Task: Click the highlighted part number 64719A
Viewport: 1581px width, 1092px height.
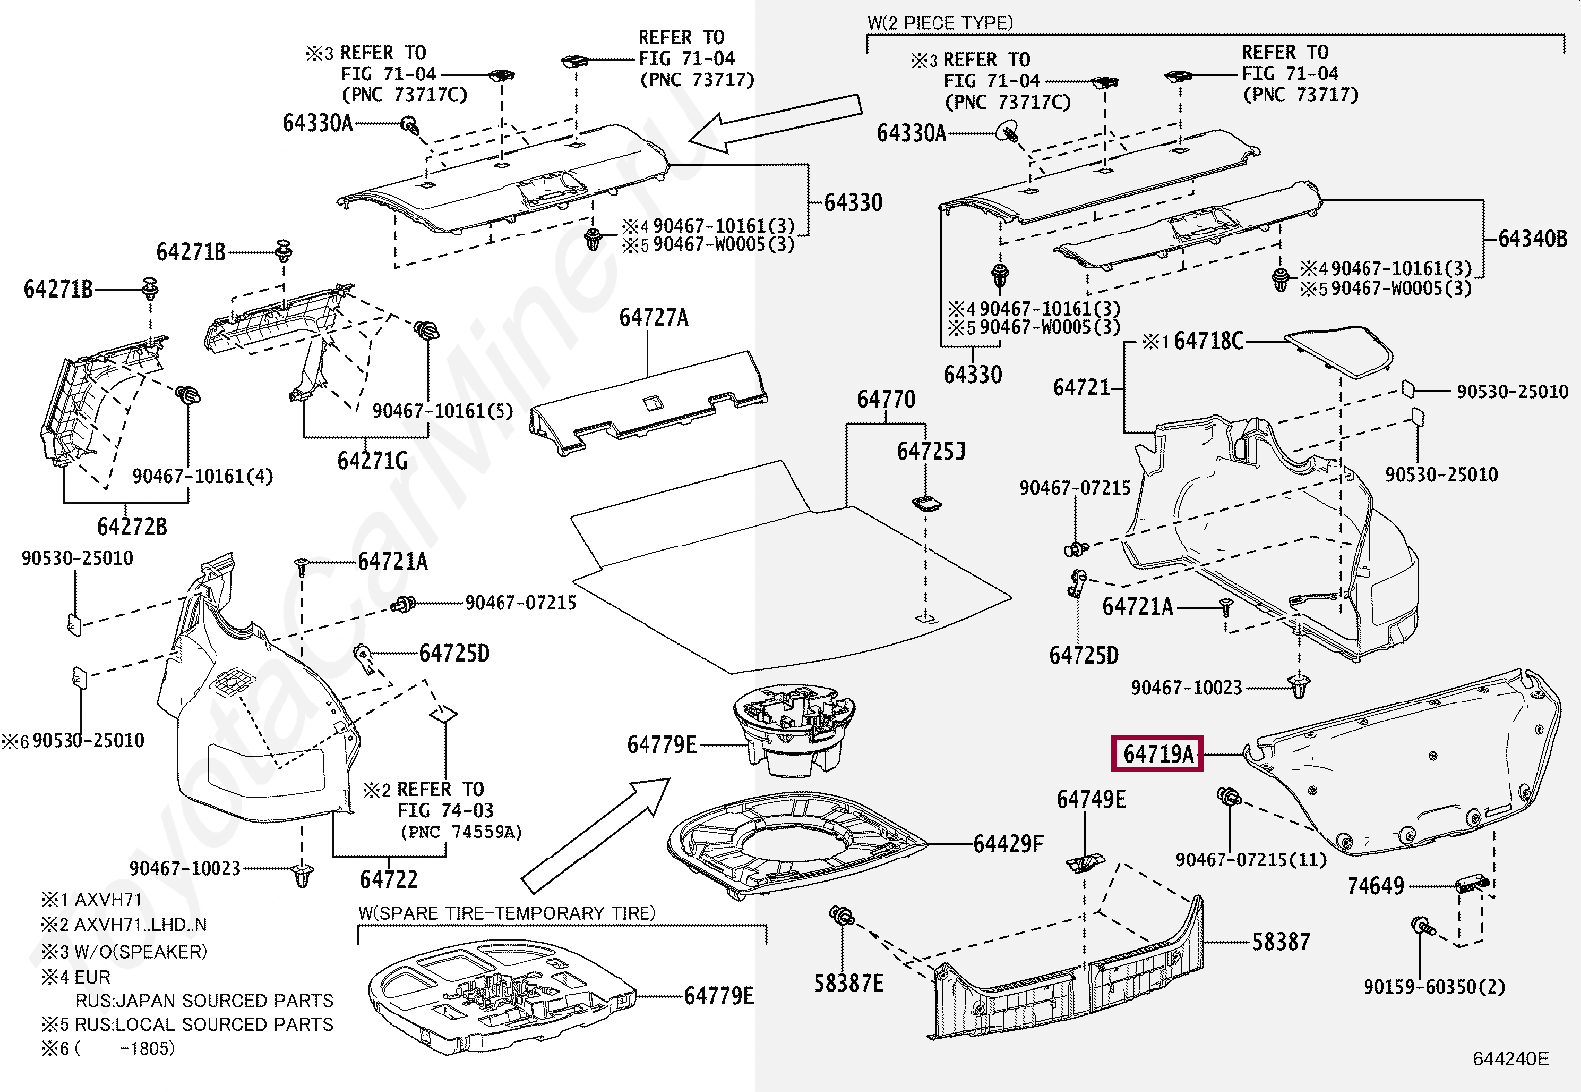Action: pos(1158,754)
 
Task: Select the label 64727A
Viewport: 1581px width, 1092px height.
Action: pos(653,318)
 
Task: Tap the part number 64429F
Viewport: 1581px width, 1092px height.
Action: pos(1008,843)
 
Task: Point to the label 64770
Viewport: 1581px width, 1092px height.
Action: pos(886,399)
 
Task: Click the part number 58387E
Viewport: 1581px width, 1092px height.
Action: pos(848,983)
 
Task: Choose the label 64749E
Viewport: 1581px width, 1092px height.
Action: pos(1091,799)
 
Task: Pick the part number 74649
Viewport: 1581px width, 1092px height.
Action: pos(1375,885)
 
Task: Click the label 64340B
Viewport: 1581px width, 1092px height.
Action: pos(1532,238)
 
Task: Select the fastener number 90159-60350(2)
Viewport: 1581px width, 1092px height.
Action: pos(1434,987)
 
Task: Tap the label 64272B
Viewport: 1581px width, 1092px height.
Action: pos(132,527)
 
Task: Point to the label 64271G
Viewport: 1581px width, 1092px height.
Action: pos(372,460)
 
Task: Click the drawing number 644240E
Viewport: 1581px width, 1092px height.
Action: pos(1510,1059)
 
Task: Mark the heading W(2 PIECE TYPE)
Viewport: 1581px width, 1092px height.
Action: pos(939,23)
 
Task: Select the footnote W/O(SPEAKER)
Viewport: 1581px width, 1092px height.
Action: pos(140,952)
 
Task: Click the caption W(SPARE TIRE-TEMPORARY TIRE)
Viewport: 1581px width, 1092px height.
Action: pos(506,913)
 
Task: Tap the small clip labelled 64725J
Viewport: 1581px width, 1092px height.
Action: pos(926,503)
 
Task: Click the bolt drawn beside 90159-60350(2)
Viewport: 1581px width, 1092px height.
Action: pos(1421,926)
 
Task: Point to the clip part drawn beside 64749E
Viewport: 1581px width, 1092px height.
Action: pos(1083,863)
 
